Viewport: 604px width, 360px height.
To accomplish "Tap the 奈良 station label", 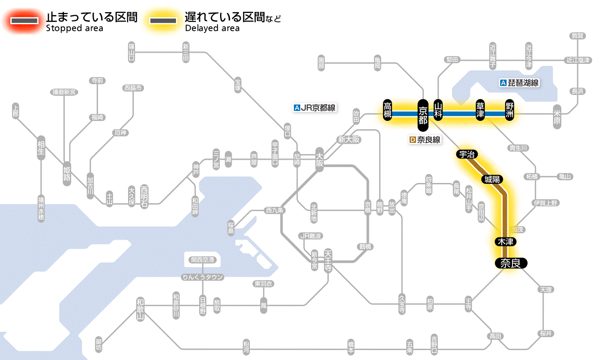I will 510,263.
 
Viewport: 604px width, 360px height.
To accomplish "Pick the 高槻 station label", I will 388,110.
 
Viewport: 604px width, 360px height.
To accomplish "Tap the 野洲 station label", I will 510,110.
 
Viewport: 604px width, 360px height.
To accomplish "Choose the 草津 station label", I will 480,110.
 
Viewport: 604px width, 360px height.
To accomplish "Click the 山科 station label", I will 438,110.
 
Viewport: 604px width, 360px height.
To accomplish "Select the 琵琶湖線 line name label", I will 519,83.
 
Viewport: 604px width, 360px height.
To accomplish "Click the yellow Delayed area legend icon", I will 163,21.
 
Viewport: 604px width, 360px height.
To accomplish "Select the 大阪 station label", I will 319,159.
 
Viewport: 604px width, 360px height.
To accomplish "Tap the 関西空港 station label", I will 203,260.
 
